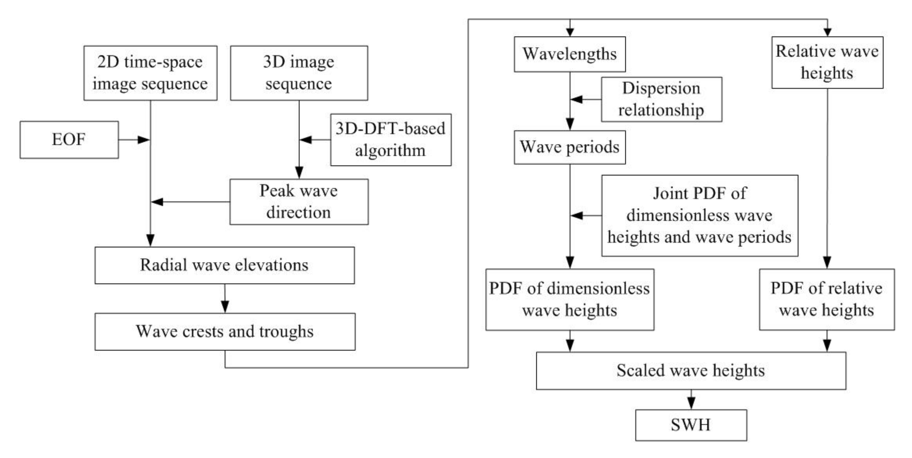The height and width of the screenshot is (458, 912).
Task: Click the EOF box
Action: click(69, 140)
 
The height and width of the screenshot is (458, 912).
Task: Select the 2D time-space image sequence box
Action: click(150, 73)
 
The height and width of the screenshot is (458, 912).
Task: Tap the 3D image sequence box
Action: click(299, 73)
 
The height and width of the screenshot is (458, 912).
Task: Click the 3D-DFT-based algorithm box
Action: click(390, 140)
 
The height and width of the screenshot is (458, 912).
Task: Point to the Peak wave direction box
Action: click(299, 202)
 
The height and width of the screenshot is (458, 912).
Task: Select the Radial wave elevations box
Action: click(224, 265)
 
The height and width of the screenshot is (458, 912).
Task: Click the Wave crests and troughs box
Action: click(225, 331)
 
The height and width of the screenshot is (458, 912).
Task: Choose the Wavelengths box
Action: click(570, 54)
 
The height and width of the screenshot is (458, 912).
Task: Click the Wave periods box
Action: click(570, 147)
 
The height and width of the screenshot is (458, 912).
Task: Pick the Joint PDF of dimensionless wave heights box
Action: click(700, 216)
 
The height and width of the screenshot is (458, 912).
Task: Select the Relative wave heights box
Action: click(827, 62)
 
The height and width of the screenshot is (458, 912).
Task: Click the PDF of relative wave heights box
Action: click(827, 300)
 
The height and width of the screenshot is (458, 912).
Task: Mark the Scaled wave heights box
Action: click(691, 370)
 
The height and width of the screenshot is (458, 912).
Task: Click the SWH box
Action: click(691, 425)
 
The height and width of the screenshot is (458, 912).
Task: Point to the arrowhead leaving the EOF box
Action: click(143, 140)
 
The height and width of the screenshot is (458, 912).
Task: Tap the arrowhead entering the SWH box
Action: click(691, 403)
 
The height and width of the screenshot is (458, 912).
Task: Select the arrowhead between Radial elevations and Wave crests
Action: click(225, 306)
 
